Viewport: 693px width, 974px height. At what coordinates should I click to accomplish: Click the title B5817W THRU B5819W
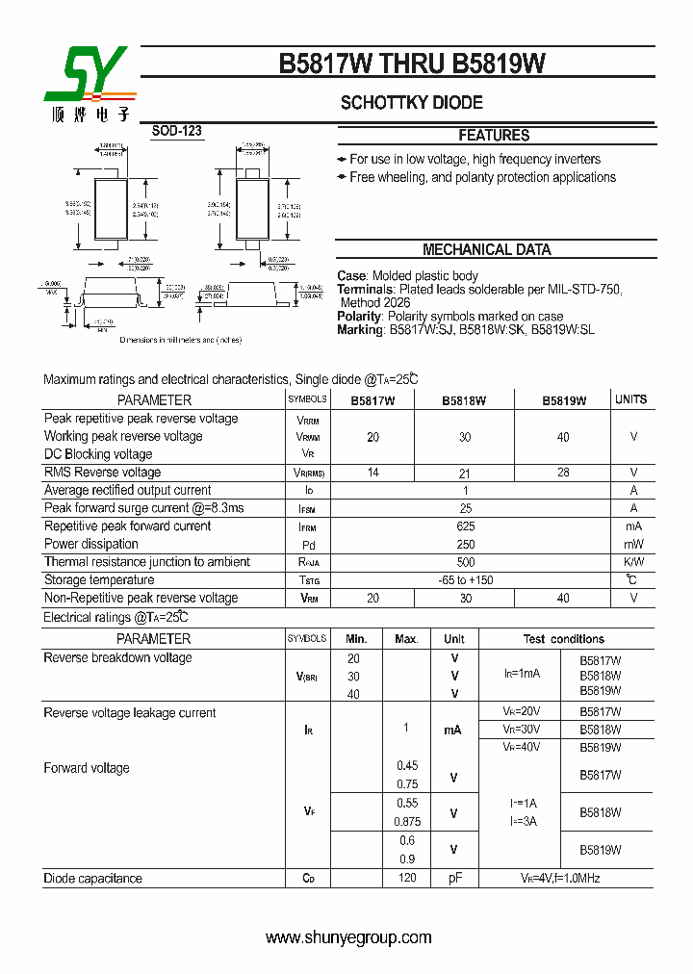point(412,64)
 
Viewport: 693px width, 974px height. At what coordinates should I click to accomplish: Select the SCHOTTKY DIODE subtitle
point(411,103)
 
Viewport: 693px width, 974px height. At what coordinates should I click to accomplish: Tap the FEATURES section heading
point(494,136)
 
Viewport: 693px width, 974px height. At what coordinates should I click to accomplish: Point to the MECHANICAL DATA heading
point(487,250)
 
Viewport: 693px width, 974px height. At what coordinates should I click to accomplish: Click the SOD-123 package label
point(177,131)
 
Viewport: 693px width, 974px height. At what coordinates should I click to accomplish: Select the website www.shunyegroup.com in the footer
point(348,937)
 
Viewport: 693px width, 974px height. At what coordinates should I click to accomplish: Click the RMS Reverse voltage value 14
point(372,473)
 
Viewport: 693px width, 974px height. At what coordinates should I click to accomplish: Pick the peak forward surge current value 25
point(466,508)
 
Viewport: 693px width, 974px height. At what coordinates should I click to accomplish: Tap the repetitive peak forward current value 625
point(466,526)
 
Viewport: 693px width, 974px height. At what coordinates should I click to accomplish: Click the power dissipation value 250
point(466,544)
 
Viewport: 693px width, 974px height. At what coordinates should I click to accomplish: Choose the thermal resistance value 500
point(466,562)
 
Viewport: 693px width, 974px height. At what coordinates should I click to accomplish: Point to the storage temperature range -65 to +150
point(466,580)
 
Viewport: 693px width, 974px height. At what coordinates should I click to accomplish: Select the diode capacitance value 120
point(406,879)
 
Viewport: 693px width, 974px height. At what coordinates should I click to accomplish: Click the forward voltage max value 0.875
point(407,821)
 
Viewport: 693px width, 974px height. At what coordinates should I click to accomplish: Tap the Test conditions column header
point(563,639)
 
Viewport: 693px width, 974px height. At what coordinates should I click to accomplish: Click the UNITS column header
point(631,399)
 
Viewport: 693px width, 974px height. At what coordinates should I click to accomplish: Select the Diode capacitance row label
point(92,879)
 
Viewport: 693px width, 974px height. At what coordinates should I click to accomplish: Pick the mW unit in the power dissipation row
point(633,544)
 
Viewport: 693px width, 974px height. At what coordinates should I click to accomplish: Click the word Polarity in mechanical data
point(360,317)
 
